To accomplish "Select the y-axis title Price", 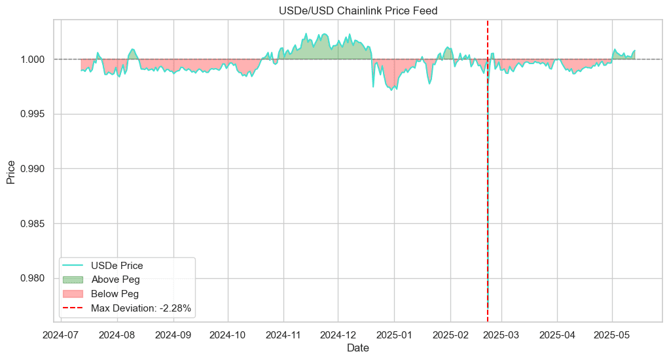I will pyautogui.click(x=11, y=171).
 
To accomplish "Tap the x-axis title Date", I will pyautogui.click(x=357, y=349).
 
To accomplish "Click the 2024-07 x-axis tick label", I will pyautogui.click(x=61, y=334).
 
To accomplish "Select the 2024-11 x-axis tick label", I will pyautogui.click(x=283, y=334).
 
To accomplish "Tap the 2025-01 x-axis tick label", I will pyautogui.click(x=395, y=334).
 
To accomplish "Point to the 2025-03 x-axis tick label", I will pyautogui.click(x=501, y=334).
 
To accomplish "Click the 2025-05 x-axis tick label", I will pyautogui.click(x=612, y=334).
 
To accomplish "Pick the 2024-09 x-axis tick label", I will pyautogui.click(x=173, y=334).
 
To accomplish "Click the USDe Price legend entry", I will pyautogui.click(x=117, y=266).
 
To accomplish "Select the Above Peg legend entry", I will pyautogui.click(x=115, y=279).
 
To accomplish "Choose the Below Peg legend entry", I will pyautogui.click(x=115, y=294).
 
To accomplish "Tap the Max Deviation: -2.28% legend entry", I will pyautogui.click(x=141, y=308).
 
